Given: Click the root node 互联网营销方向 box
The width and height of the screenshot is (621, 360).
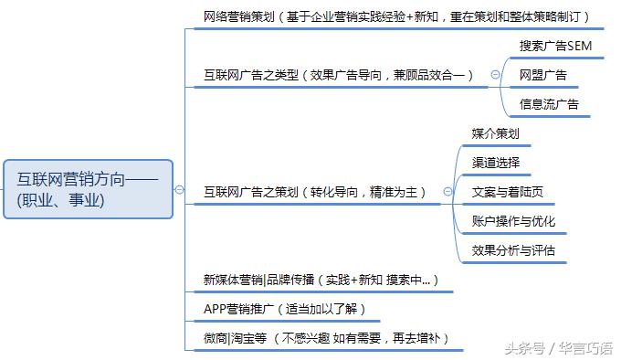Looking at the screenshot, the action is pos(87,189).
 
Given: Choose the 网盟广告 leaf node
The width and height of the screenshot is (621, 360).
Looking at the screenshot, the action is pos(542,75).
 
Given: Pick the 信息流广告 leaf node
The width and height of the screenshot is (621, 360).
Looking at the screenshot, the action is pos(549,104).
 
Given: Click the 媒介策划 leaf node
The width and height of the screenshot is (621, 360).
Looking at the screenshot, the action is pos(496,133).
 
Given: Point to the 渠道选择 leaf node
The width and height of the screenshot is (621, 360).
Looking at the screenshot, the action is pos(496,163).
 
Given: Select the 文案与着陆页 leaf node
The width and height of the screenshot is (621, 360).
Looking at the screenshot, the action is pos(508,192).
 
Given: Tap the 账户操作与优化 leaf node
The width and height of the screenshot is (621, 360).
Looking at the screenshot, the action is pos(513,221).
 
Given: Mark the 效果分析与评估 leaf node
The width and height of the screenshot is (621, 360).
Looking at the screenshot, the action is pos(513,250).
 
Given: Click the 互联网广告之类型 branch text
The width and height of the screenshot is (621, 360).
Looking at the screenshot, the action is pos(251,75).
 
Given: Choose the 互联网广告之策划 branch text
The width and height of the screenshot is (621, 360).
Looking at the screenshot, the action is pos(251,192).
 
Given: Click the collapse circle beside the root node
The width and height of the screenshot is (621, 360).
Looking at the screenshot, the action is pos(180,190).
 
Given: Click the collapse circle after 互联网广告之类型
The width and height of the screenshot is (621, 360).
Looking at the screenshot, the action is pos(495,75).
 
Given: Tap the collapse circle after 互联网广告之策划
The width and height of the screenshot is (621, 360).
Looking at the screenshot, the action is pos(447,192).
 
